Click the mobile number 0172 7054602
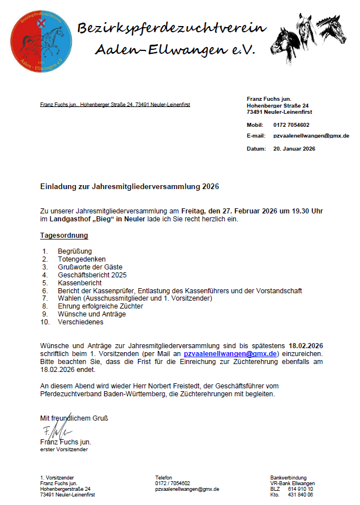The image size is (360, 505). click(x=291, y=125)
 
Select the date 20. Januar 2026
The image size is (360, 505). click(x=294, y=148)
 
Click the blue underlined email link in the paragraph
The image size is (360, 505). click(x=230, y=353)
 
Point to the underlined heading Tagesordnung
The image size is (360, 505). click(x=64, y=235)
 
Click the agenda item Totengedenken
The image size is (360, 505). click(x=82, y=259)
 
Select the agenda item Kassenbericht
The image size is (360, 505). click(x=79, y=283)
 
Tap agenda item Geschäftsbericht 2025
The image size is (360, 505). click(x=92, y=275)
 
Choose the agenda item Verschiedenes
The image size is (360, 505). click(x=80, y=322)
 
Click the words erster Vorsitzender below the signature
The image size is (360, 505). click(x=64, y=450)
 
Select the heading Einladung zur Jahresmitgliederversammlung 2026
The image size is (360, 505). click(x=129, y=186)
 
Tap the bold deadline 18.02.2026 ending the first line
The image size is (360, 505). click(x=306, y=345)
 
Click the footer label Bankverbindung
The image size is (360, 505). click(x=288, y=478)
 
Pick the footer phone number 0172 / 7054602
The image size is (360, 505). click(x=173, y=483)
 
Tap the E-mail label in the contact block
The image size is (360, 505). click(x=256, y=136)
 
